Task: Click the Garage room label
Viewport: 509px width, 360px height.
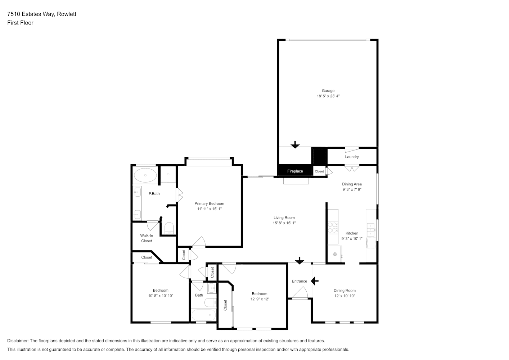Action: click(x=328, y=91)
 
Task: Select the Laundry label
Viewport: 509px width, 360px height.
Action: click(x=352, y=157)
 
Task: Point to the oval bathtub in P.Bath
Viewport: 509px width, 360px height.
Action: click(x=145, y=175)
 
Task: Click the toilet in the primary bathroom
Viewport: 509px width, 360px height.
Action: click(x=169, y=228)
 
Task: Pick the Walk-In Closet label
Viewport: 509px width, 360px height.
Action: click(x=147, y=238)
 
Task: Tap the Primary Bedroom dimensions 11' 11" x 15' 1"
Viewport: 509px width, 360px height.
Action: click(x=209, y=209)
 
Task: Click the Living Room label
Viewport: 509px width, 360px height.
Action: click(x=284, y=217)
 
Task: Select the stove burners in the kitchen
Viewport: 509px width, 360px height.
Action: click(x=333, y=228)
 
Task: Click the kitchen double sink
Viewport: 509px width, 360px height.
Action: click(x=371, y=230)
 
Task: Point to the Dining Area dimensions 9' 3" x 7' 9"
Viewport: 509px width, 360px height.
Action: click(x=352, y=189)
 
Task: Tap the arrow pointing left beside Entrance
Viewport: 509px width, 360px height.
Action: click(x=315, y=281)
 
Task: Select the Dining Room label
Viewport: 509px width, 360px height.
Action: click(x=344, y=290)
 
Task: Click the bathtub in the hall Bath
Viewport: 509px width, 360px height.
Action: click(x=204, y=315)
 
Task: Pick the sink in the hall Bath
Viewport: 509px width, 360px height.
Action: click(x=212, y=288)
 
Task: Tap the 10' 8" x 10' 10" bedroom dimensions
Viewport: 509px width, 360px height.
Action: click(x=161, y=296)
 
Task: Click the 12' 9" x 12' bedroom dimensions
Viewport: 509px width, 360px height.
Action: click(x=260, y=299)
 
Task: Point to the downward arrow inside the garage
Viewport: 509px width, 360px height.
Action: click(x=295, y=145)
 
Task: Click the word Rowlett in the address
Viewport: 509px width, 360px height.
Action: click(x=66, y=14)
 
